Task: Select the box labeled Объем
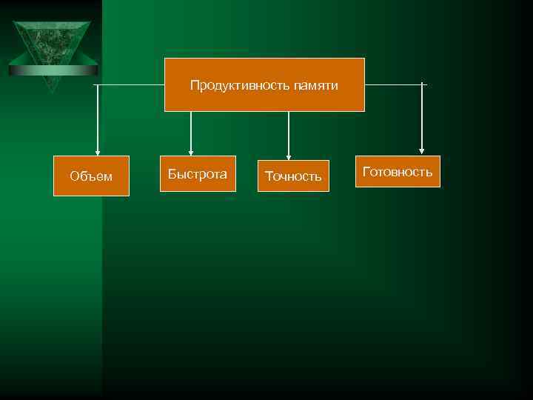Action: (x=91, y=176)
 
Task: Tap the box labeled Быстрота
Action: (x=198, y=174)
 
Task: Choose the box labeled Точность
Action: (x=293, y=176)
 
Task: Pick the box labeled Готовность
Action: (x=398, y=172)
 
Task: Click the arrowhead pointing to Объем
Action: (x=97, y=151)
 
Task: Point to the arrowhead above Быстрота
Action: (x=191, y=151)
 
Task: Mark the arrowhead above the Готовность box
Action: (x=422, y=151)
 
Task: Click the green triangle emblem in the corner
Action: (x=52, y=48)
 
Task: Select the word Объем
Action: (x=91, y=176)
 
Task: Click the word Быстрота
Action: (x=198, y=175)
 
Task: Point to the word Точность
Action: (x=293, y=176)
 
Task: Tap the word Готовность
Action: (x=398, y=173)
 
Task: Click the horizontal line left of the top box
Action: (x=130, y=84)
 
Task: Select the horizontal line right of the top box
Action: (x=394, y=84)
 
